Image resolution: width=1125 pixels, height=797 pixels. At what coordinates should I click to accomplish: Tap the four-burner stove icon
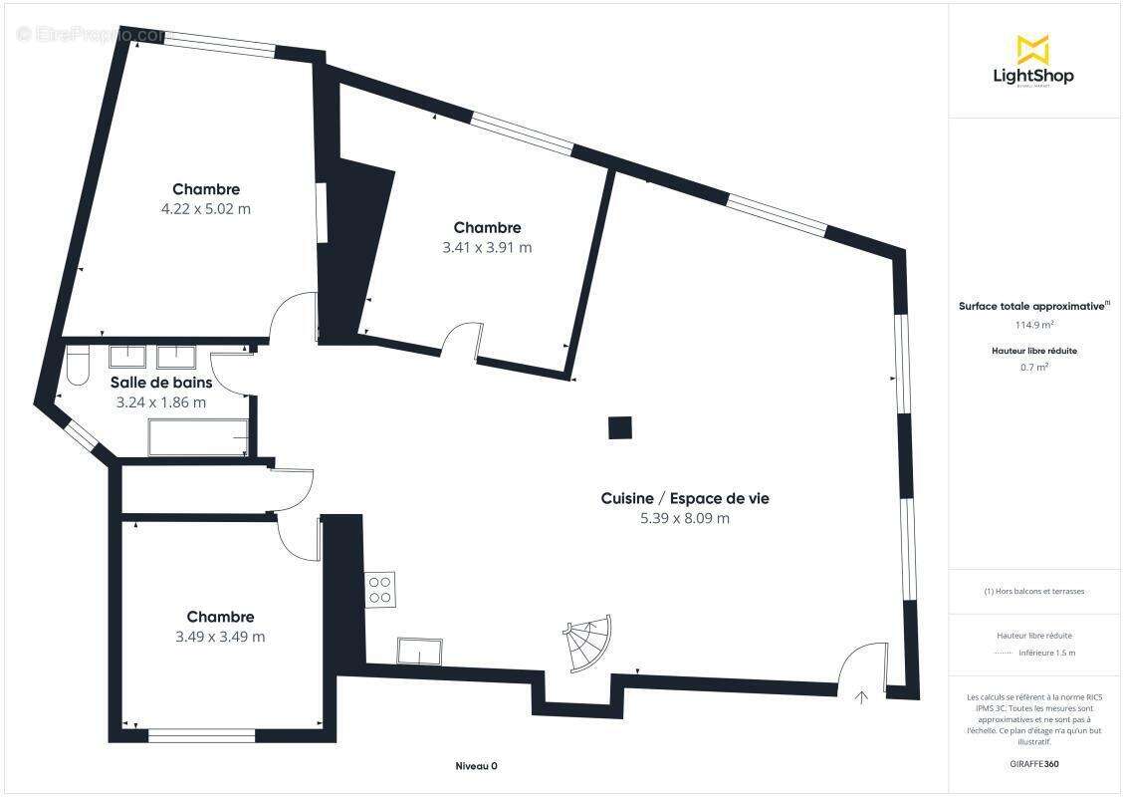(380, 588)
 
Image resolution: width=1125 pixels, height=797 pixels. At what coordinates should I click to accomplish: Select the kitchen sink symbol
(420, 650)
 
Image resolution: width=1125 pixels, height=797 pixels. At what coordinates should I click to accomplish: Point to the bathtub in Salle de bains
(198, 437)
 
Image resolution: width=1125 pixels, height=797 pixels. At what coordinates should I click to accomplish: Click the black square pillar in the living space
(619, 427)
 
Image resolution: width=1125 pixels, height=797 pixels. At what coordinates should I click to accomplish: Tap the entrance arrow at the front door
(861, 696)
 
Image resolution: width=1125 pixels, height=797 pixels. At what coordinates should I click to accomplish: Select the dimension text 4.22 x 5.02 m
(206, 209)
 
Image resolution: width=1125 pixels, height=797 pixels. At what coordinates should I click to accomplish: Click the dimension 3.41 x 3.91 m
(487, 248)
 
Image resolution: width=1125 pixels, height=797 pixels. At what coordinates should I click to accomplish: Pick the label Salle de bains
(161, 383)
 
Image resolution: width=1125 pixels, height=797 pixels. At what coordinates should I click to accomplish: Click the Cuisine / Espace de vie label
(685, 498)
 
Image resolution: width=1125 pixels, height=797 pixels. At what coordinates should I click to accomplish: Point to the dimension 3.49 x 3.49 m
(220, 637)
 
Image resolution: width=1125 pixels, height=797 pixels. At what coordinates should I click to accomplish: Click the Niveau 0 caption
(476, 765)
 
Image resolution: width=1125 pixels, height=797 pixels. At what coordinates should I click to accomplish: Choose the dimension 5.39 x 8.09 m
(685, 518)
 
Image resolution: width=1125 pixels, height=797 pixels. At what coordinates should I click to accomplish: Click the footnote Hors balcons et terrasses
(1034, 591)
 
